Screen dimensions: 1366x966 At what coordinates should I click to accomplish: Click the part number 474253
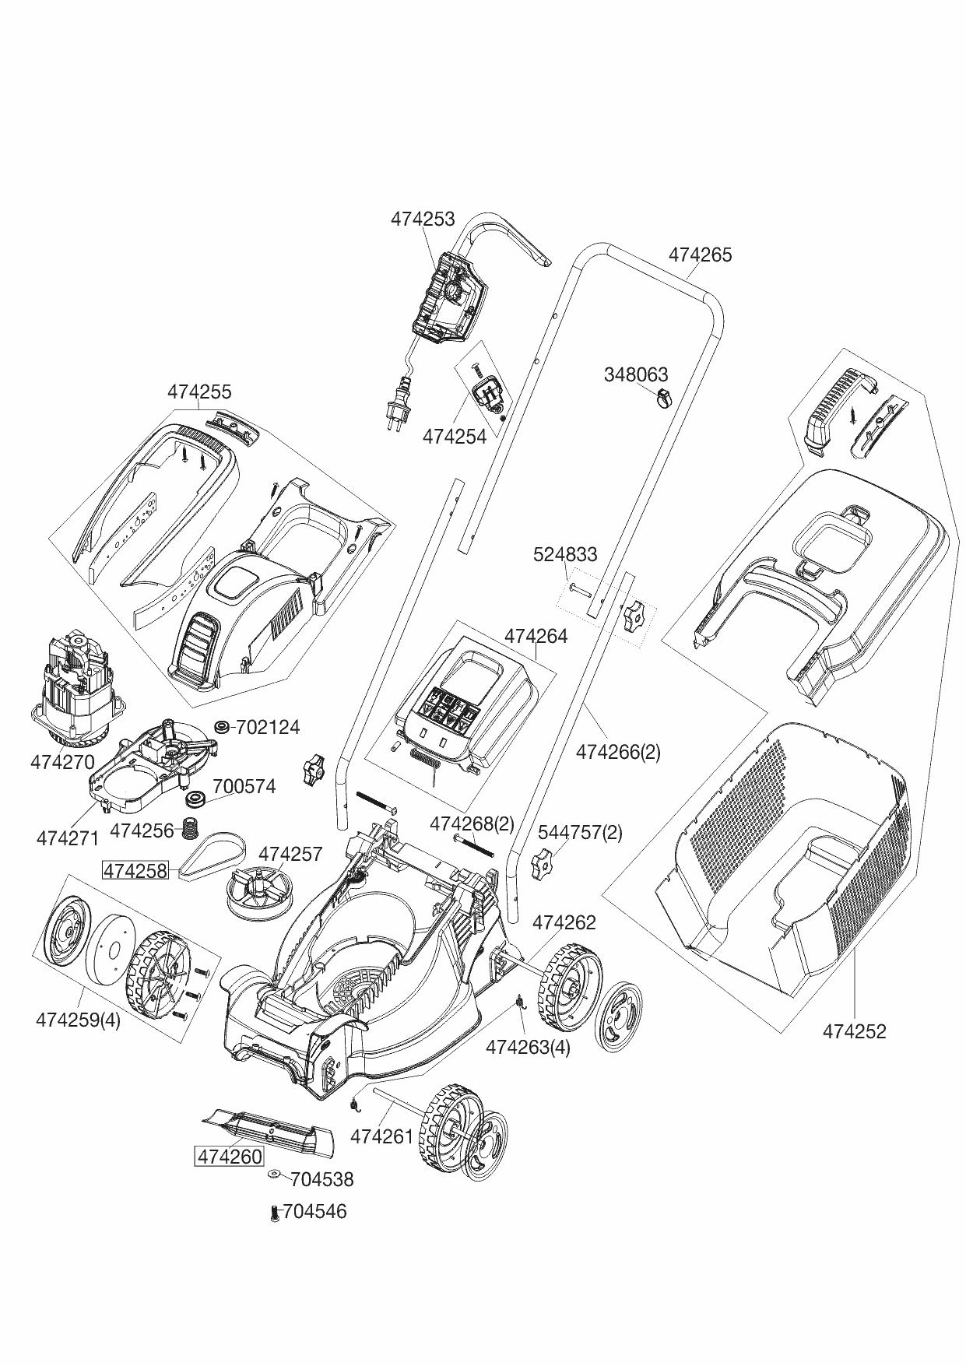tap(422, 219)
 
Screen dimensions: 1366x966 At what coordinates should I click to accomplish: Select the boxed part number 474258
tap(135, 871)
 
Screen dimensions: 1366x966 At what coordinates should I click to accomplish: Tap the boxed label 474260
tap(229, 1157)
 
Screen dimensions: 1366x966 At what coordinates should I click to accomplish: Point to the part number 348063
tap(636, 375)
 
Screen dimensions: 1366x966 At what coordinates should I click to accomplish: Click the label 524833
tap(565, 554)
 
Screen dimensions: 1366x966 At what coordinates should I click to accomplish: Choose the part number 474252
tap(854, 1031)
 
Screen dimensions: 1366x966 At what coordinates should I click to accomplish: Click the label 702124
tap(267, 728)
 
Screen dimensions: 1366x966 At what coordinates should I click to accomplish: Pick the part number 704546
tap(314, 1212)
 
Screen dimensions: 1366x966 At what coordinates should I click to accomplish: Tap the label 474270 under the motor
tap(62, 762)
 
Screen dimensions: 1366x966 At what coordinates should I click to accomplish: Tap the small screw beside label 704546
tap(274, 1213)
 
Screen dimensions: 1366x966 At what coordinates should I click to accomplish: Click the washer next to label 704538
tap(276, 1174)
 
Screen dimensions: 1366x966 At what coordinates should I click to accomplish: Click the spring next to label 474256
tap(188, 829)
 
